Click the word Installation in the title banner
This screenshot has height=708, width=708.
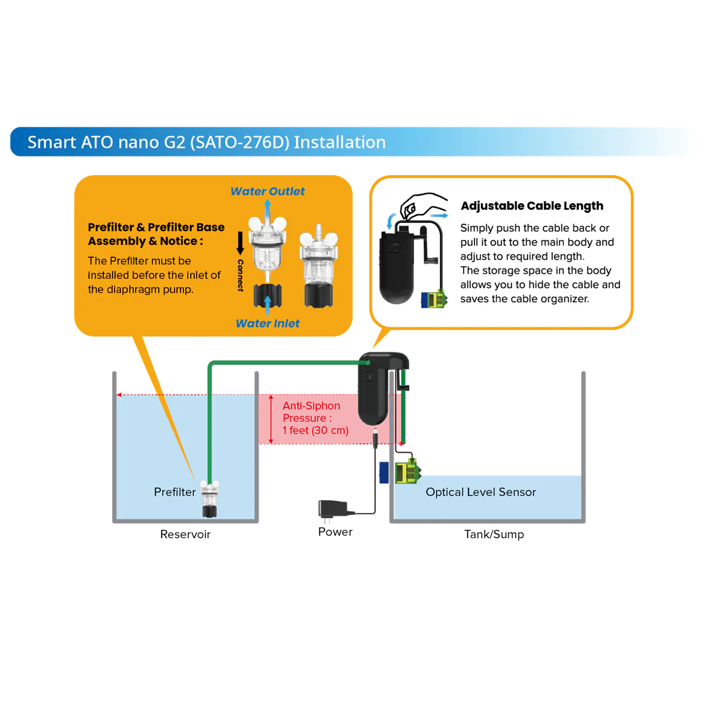[340, 142]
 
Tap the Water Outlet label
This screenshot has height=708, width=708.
[267, 191]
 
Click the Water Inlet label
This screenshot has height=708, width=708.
[267, 323]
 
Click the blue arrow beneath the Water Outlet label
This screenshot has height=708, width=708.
[267, 209]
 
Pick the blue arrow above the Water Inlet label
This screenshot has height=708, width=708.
[267, 304]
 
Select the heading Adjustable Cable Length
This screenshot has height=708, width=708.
[532, 206]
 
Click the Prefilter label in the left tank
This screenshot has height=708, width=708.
[175, 492]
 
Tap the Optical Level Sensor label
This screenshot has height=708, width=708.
[481, 492]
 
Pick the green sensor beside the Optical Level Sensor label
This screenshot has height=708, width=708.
[407, 471]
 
